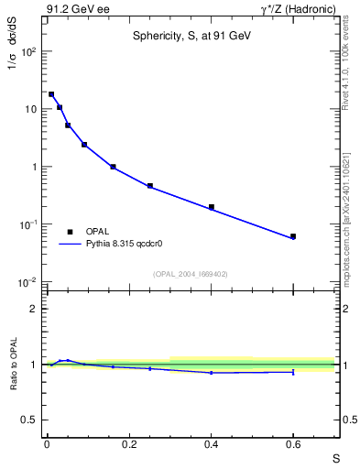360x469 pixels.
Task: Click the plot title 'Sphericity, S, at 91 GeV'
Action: (x=190, y=36)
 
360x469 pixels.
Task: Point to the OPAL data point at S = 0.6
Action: (x=293, y=236)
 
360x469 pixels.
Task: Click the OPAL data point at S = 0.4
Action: (x=211, y=207)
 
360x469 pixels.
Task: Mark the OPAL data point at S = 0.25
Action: (x=149, y=186)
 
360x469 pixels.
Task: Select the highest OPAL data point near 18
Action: (x=51, y=94)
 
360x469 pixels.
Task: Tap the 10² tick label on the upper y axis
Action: (x=29, y=51)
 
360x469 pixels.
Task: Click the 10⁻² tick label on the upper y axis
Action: (x=29, y=282)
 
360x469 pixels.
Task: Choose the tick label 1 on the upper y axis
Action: (x=34, y=167)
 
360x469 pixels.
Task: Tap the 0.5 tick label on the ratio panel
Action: (x=31, y=420)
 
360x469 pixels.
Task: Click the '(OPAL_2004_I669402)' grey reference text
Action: (x=190, y=274)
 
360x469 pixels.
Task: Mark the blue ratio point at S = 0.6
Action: (x=293, y=372)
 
